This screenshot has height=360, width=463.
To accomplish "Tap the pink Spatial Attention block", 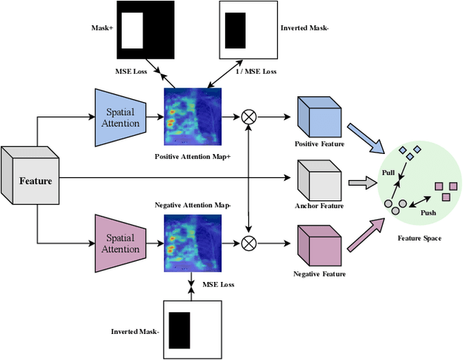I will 121,243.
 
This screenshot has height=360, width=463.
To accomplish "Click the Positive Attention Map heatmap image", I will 193,118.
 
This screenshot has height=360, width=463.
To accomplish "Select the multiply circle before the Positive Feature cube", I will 250,116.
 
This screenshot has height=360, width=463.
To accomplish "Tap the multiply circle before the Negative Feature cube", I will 250,241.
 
